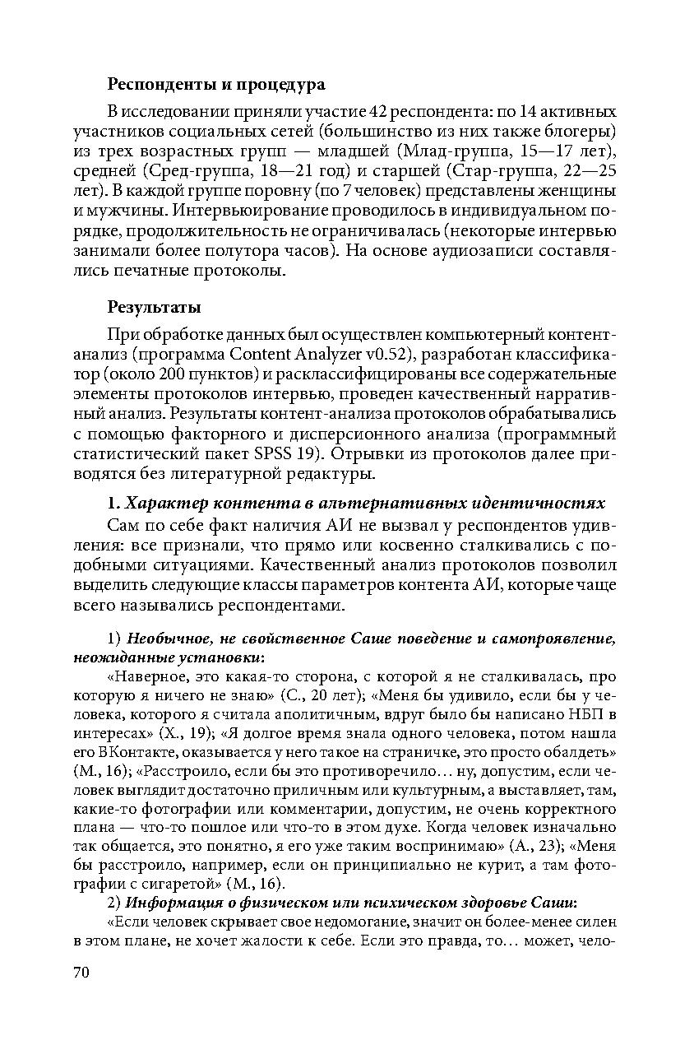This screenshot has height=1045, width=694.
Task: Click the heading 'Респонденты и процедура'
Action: pyautogui.click(x=216, y=84)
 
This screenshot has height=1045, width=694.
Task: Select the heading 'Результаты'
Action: pyautogui.click(x=155, y=308)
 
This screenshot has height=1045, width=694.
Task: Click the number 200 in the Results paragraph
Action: pyautogui.click(x=178, y=375)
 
